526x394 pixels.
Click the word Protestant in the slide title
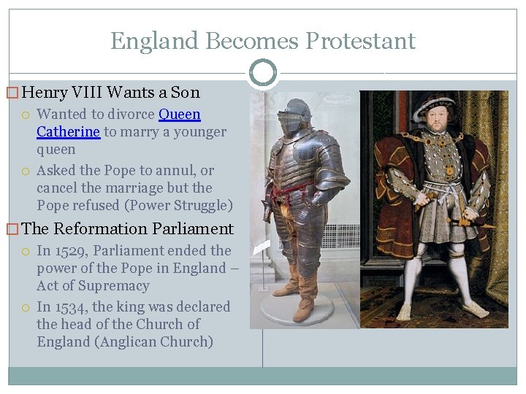tap(360, 41)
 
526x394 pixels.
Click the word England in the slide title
tap(155, 41)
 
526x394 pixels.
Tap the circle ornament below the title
tap(262, 72)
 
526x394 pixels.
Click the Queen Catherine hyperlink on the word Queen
tap(179, 115)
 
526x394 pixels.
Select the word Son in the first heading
tap(186, 93)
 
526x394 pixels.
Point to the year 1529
tap(72, 250)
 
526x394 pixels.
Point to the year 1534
tap(72, 306)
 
